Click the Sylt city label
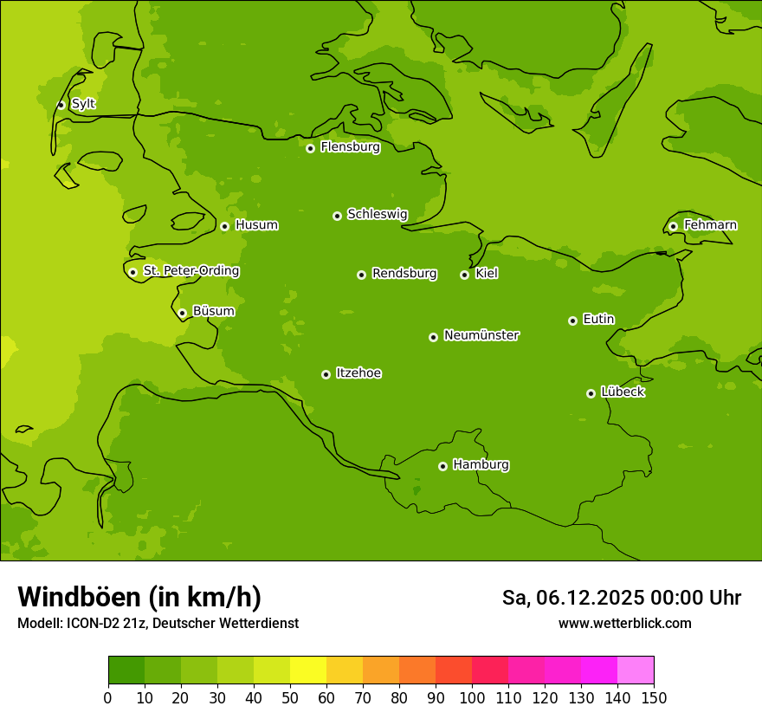click(x=83, y=104)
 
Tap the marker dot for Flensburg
click(x=310, y=148)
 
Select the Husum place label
click(x=256, y=225)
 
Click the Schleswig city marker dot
click(x=337, y=216)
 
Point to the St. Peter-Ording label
click(x=190, y=271)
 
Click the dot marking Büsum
click(x=182, y=313)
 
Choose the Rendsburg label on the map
click(x=404, y=274)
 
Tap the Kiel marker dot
click(x=464, y=275)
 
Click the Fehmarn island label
click(x=710, y=225)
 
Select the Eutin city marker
click(x=572, y=321)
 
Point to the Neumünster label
click(x=481, y=335)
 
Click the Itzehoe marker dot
click(x=326, y=374)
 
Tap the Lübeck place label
click(x=623, y=392)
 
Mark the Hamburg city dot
click(x=442, y=466)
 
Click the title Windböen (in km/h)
click(x=139, y=597)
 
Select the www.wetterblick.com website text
click(x=624, y=623)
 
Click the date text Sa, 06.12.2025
click(x=573, y=598)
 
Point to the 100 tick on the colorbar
click(x=472, y=697)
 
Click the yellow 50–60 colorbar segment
click(x=307, y=670)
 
